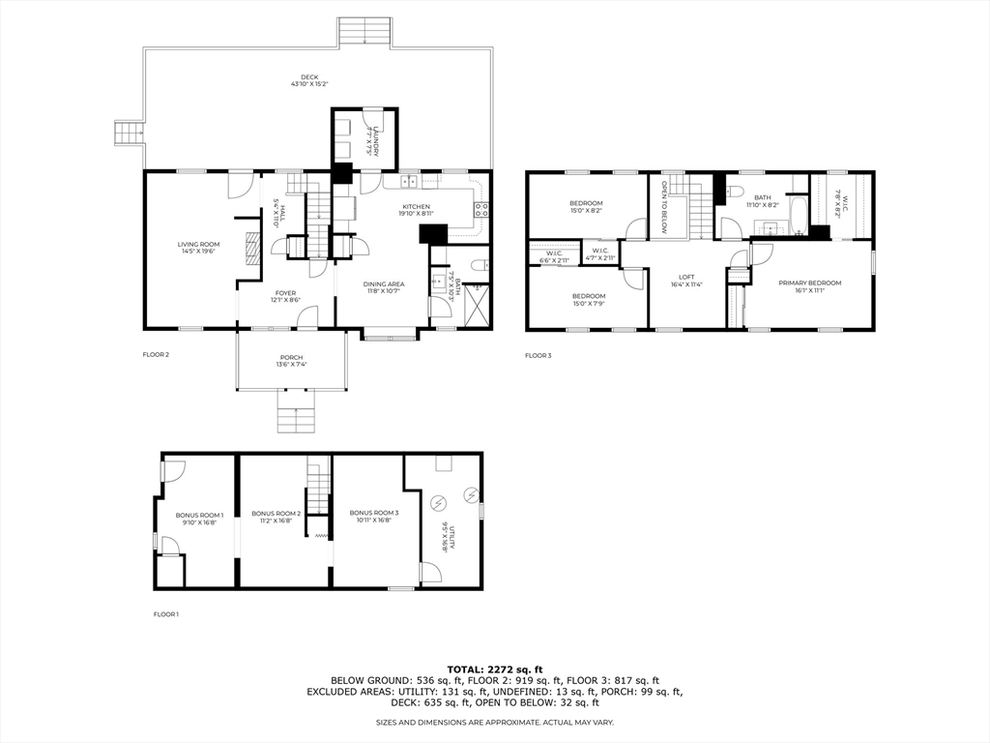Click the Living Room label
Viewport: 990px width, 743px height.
pos(198,245)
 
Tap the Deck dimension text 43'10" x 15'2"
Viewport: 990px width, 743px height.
pos(308,84)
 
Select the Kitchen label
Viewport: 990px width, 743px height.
pos(416,207)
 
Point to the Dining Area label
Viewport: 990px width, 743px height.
pos(383,283)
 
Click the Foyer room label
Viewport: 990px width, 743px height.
pos(285,293)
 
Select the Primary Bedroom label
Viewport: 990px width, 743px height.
pos(809,283)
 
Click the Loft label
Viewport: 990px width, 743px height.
pos(686,278)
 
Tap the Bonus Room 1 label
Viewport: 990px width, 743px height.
pos(199,515)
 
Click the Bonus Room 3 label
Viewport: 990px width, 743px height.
pos(373,512)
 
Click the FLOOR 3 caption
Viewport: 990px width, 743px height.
pos(538,356)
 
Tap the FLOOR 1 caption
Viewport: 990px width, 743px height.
pos(166,614)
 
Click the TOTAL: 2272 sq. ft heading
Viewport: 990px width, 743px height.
pos(494,669)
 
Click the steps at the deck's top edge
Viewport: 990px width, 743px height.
pos(364,32)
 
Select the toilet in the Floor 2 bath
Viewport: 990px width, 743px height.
pos(479,262)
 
